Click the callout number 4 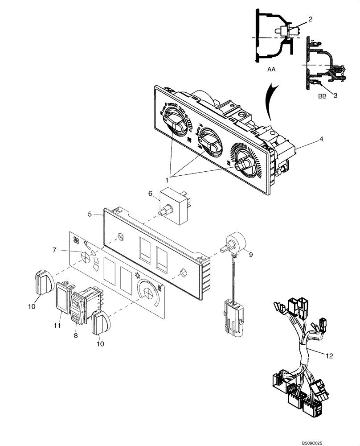click(321, 139)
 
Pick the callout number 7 click(54, 250)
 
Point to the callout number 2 click(310, 19)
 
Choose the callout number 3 click(335, 95)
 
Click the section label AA click(271, 70)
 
